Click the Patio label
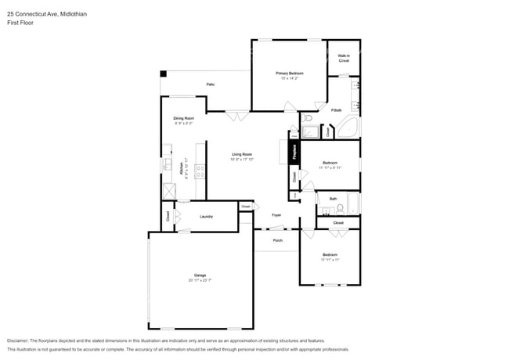210,84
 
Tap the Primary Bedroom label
289,73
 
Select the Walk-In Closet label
343,58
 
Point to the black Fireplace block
295,151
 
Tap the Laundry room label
207,216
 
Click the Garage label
200,275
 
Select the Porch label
277,240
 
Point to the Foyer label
276,214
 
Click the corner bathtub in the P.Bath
348,128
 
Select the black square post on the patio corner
164,74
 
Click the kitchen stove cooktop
200,170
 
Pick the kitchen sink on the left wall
166,165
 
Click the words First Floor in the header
20,23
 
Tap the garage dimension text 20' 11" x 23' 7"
200,279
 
